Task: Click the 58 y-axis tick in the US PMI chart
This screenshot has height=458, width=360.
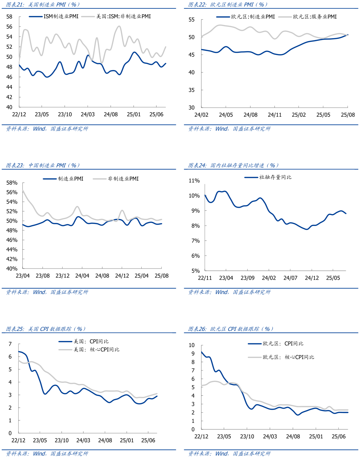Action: (x=9, y=17)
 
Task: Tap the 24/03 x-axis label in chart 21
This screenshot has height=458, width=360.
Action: (x=88, y=114)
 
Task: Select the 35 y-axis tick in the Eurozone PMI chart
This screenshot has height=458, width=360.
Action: (x=192, y=90)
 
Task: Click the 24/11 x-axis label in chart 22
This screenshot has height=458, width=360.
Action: (x=274, y=115)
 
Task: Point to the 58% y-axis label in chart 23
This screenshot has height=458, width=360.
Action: (x=12, y=183)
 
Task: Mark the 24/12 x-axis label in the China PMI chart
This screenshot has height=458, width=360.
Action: (x=122, y=276)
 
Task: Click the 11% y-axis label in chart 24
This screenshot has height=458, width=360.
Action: (x=194, y=181)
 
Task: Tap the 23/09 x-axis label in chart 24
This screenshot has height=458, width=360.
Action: (x=247, y=278)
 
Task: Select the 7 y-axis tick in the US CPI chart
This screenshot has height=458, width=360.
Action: (x=10, y=344)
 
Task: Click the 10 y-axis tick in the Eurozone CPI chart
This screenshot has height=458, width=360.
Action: (x=192, y=345)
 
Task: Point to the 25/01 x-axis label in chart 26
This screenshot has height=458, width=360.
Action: (x=316, y=436)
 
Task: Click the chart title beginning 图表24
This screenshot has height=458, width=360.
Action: (x=233, y=165)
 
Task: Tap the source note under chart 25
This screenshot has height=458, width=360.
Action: (x=47, y=454)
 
